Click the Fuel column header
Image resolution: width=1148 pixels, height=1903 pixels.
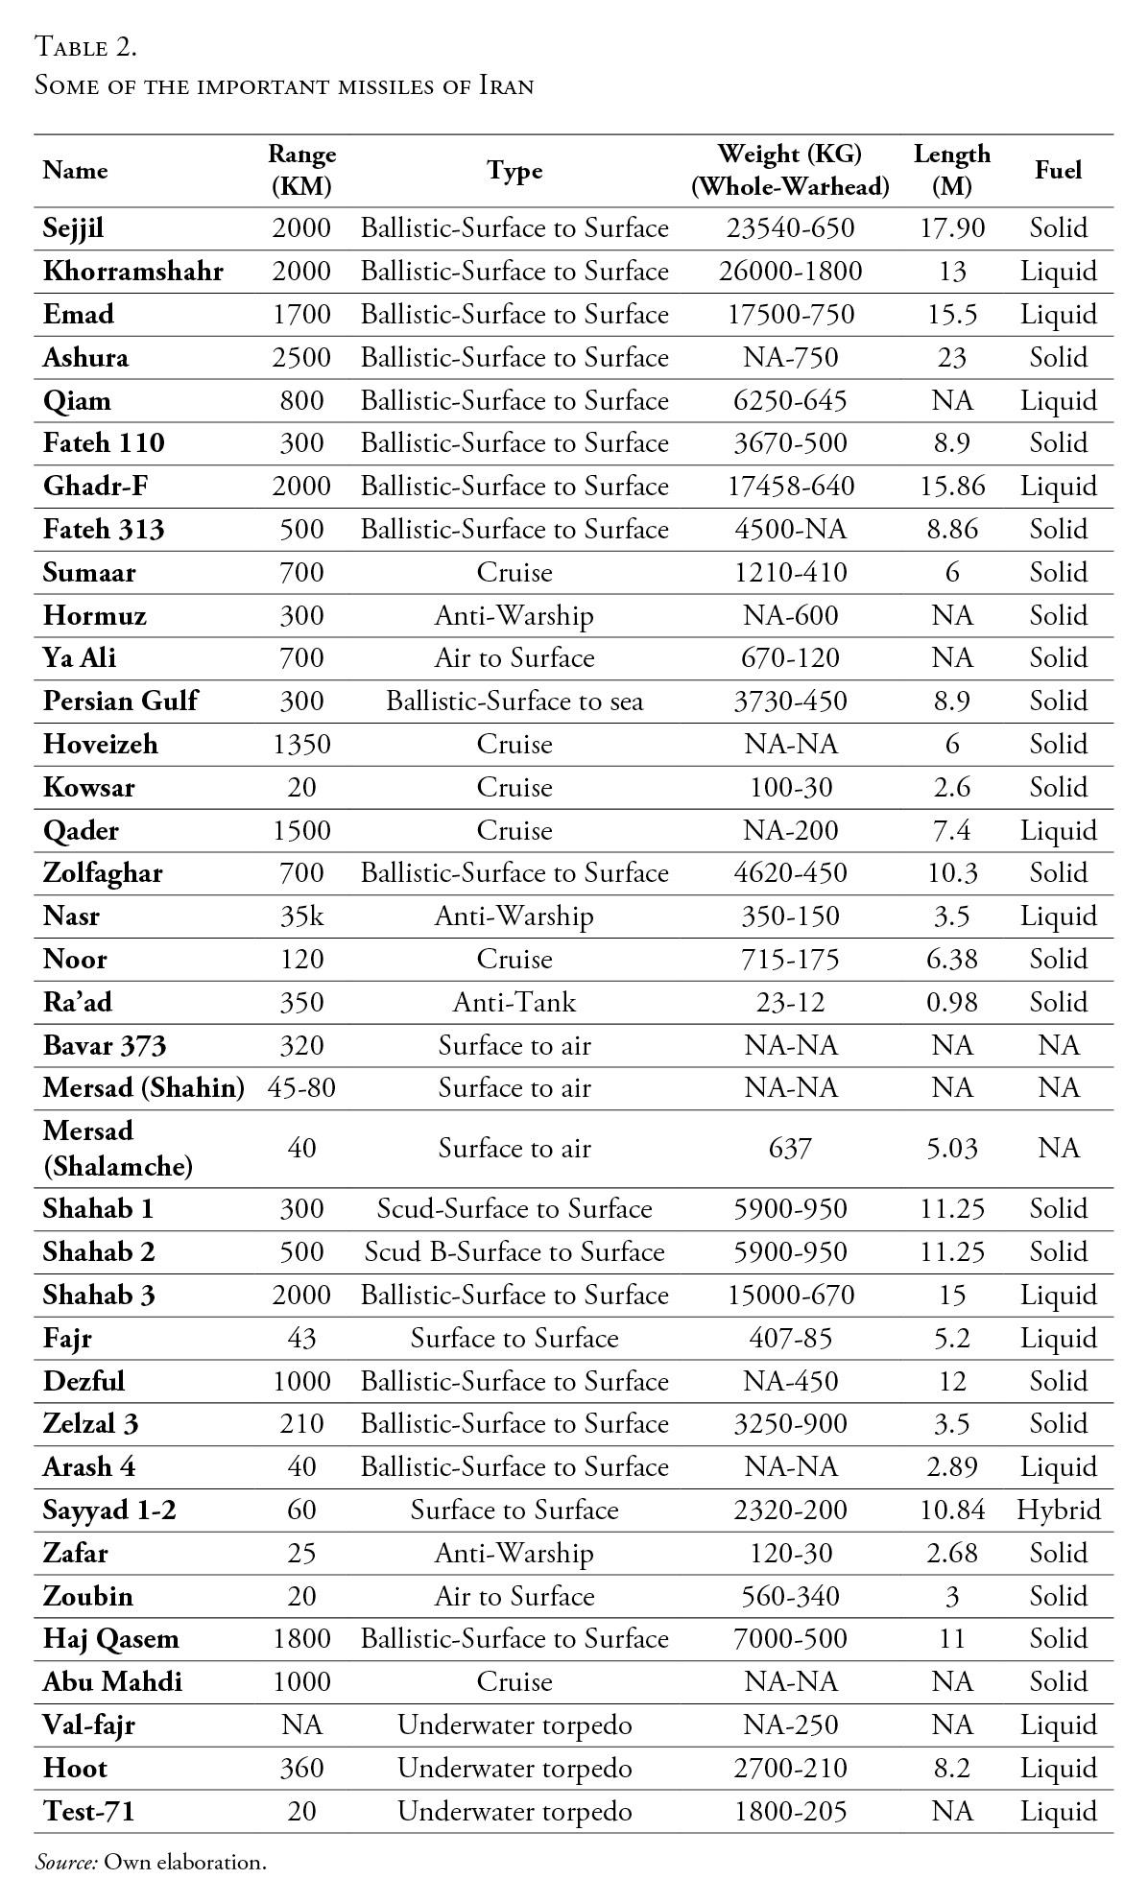coord(1058,170)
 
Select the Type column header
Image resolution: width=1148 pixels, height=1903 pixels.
coord(514,170)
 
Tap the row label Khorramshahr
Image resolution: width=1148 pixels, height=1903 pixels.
coord(132,272)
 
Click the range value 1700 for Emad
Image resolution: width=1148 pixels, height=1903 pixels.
coord(300,315)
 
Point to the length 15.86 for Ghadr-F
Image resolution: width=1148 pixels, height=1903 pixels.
coord(951,487)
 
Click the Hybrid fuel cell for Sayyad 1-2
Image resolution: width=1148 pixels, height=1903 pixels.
coord(1058,1511)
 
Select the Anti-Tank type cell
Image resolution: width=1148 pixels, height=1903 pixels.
coord(514,1003)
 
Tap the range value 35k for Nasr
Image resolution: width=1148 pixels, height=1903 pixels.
coord(300,916)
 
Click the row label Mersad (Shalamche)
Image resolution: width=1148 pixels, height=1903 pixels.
coord(117,1149)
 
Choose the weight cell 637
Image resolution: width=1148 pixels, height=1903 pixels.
coord(790,1149)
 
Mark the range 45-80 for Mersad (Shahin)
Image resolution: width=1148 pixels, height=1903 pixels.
coord(300,1088)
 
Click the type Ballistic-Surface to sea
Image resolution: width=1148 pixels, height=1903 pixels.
coord(514,702)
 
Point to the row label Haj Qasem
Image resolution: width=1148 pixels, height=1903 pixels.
coord(110,1639)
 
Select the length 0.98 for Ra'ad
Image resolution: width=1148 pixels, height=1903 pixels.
coord(951,1003)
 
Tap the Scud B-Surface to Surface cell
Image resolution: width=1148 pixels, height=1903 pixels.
coord(514,1252)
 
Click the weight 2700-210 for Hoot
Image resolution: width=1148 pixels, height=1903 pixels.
coord(790,1769)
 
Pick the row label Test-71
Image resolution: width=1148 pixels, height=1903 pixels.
coord(88,1812)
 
